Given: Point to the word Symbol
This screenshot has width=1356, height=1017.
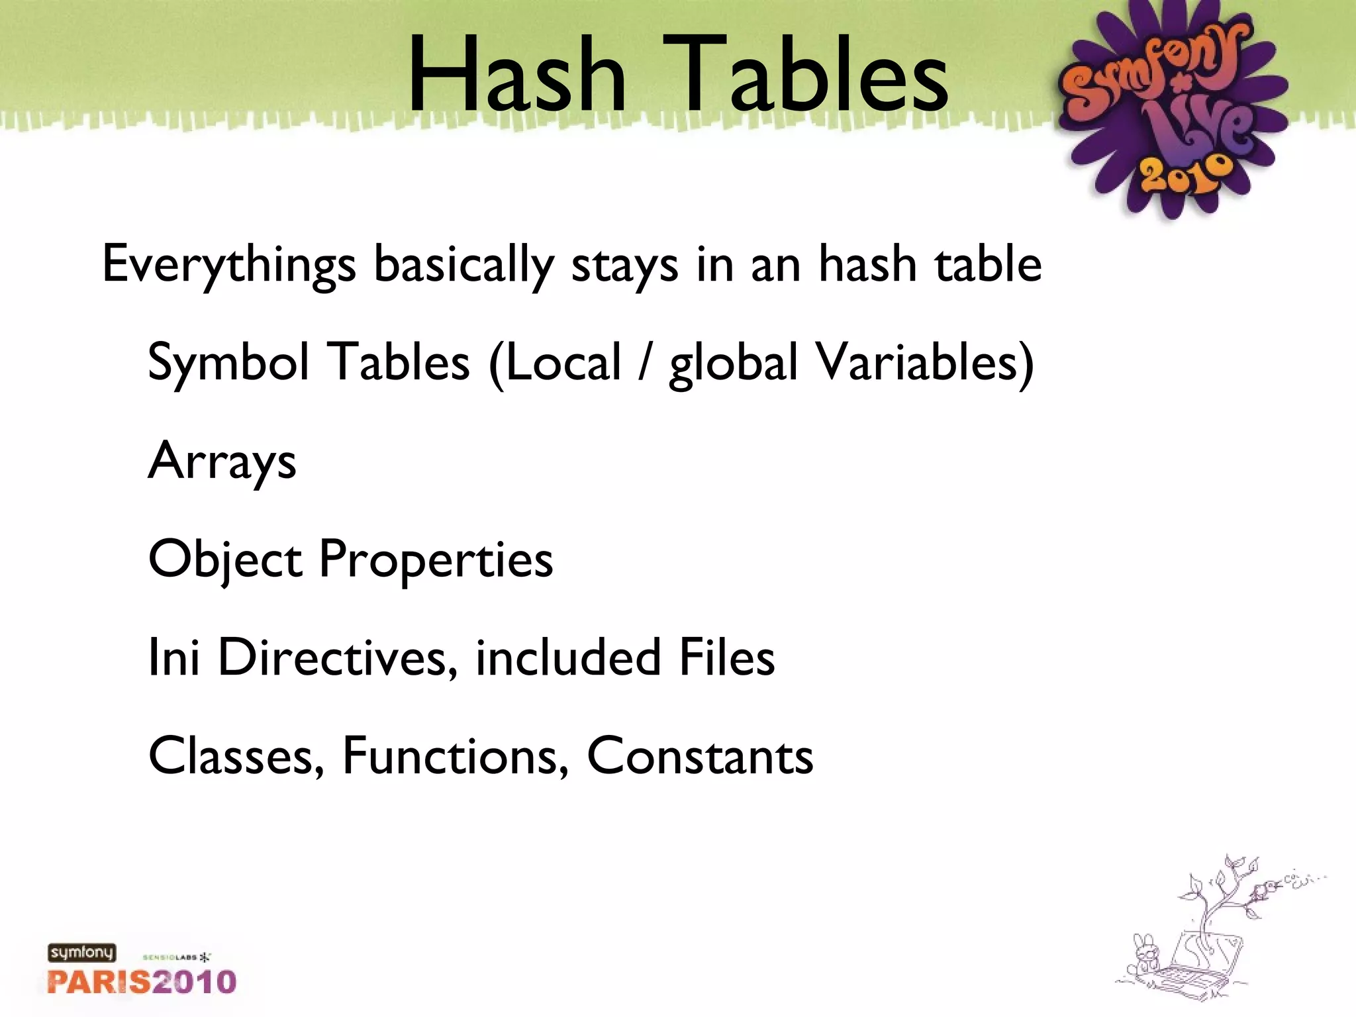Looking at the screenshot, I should click(x=228, y=363).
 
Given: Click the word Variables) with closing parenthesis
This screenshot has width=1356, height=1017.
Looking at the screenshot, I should click(x=924, y=363).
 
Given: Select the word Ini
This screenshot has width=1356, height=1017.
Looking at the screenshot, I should click(x=173, y=657).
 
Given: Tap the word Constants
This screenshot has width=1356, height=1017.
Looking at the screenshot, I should click(x=700, y=756).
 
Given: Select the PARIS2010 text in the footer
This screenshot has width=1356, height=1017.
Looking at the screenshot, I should click(x=142, y=981).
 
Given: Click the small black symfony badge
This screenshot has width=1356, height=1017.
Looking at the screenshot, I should click(x=81, y=953).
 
